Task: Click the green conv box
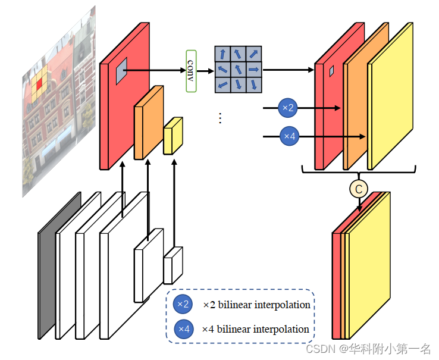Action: [191, 71]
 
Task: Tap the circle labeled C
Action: [358, 189]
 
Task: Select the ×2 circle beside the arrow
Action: [288, 108]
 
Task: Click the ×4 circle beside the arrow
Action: [289, 136]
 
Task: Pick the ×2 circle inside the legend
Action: [183, 305]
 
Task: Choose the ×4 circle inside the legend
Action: [183, 328]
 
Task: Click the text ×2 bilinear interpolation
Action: [256, 305]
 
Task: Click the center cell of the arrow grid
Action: [238, 70]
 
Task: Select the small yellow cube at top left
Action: [172, 137]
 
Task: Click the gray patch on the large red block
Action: [121, 70]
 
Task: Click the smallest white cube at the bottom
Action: [172, 265]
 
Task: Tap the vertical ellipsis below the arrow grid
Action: [220, 118]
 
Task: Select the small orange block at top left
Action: [147, 123]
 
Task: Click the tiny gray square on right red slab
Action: [332, 71]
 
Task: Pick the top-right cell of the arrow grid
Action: [253, 54]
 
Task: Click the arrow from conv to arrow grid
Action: [205, 71]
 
